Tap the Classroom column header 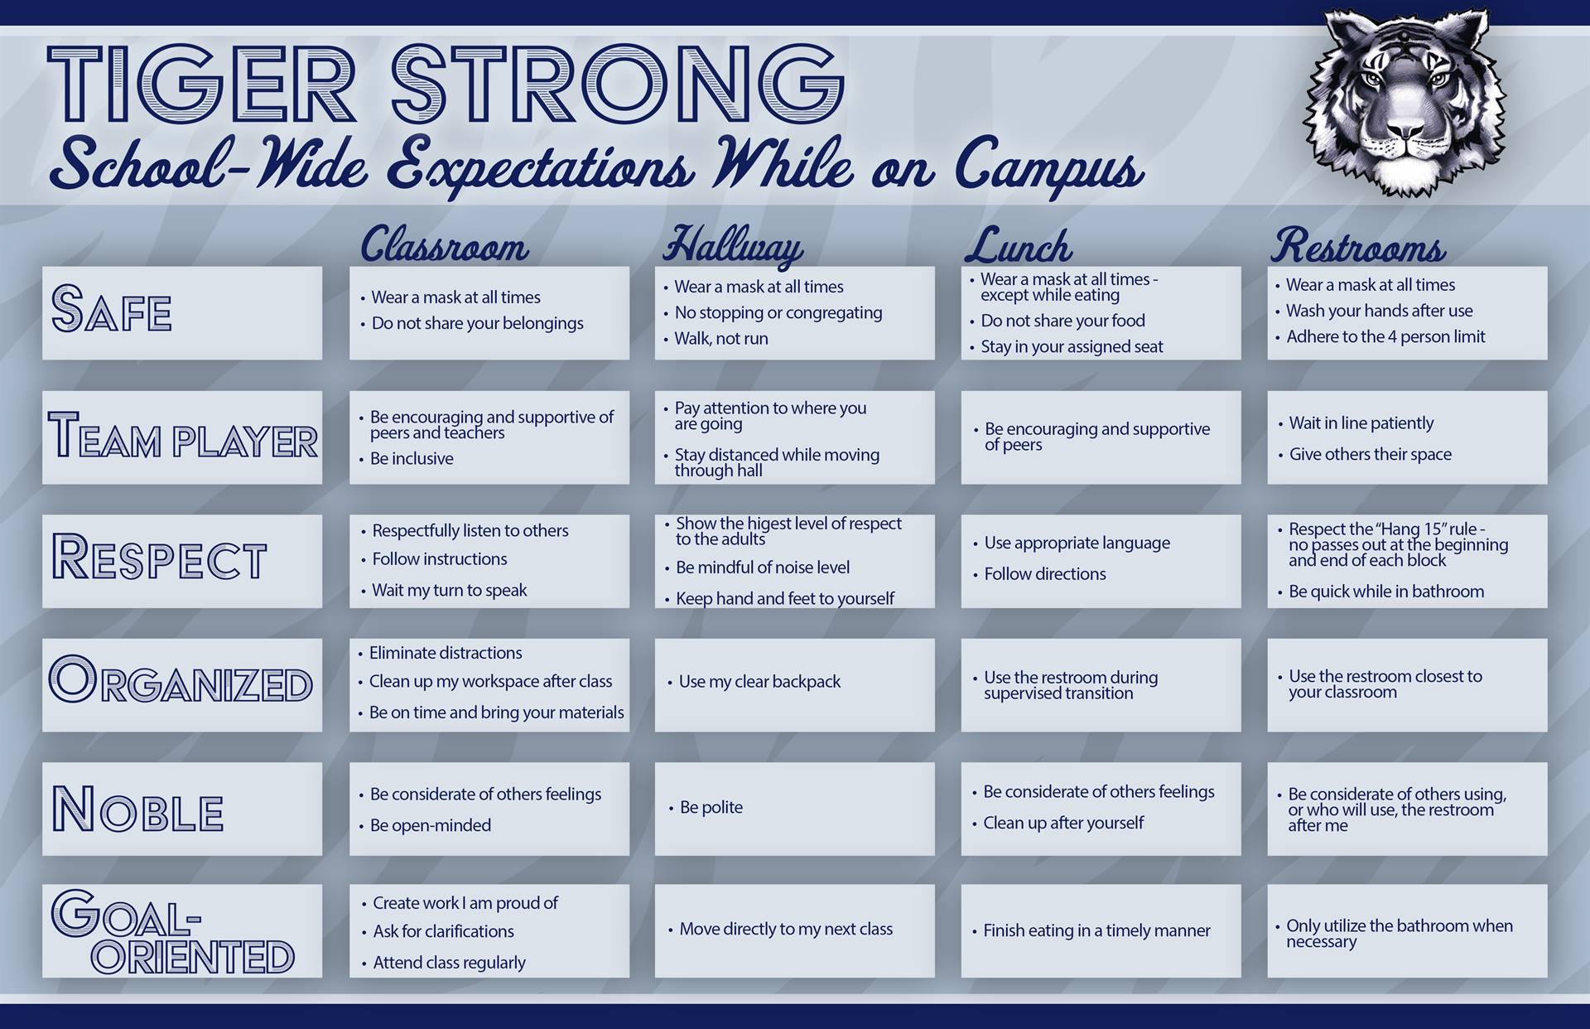coord(444,244)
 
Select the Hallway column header coord(733,246)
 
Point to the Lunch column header coord(1019,245)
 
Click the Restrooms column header coord(1359,246)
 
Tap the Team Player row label coord(183,436)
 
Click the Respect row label coord(159,557)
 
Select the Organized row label coord(181,680)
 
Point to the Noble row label coord(137,809)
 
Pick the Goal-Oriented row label coord(173,932)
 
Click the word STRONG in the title coord(618,85)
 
